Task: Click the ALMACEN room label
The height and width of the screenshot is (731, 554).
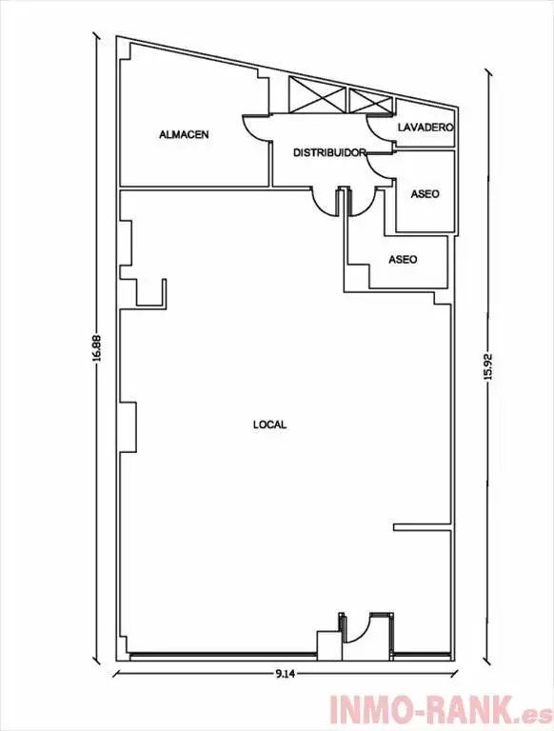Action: coord(184,135)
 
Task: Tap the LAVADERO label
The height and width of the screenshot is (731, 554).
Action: coord(425,128)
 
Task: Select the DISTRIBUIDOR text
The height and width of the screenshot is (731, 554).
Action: coord(328,152)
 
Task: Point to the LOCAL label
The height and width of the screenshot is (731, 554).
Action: coord(269,425)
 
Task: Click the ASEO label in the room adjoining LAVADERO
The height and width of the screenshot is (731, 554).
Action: coord(425,193)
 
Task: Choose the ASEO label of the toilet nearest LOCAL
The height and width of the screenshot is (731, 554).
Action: coord(403,259)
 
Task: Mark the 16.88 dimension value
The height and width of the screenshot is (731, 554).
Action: coord(96,347)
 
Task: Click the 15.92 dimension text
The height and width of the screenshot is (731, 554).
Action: coord(488,366)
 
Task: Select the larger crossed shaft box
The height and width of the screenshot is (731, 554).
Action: coord(317,94)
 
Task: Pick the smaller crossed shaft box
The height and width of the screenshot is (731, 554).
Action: coord(369,101)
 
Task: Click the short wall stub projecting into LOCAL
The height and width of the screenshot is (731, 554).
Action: coord(422,526)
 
